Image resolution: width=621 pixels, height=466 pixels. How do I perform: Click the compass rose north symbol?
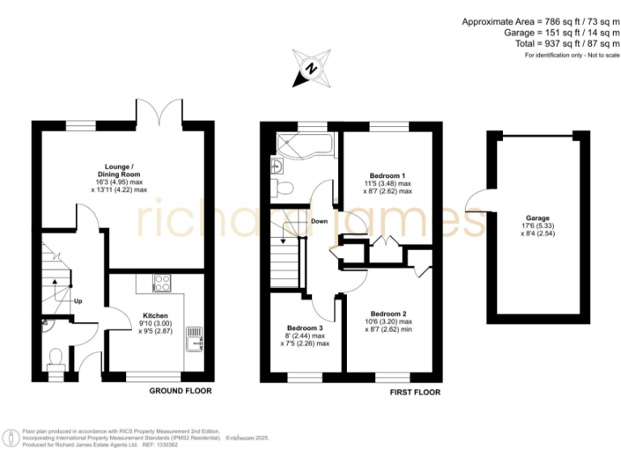coord(310,67)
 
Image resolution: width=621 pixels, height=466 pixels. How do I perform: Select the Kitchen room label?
coord(155,316)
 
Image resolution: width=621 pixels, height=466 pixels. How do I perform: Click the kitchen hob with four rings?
coord(161,283)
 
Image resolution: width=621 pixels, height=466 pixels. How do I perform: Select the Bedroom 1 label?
coord(387,176)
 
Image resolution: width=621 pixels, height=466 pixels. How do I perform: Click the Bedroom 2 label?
coord(388,313)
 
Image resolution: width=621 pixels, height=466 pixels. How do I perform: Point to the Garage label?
coord(538,218)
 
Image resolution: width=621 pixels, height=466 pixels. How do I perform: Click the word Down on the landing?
coord(319,221)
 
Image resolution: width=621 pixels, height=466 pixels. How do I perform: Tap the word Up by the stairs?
coord(78,301)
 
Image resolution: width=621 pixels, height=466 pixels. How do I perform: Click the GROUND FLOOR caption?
coord(180,391)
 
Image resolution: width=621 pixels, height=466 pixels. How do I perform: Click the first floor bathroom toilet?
coord(283,189)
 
